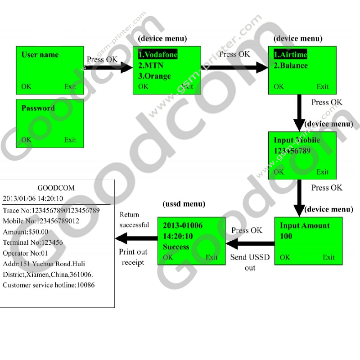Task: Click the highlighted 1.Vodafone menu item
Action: point(157,54)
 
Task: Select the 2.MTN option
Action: point(151,65)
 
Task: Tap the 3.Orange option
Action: point(154,76)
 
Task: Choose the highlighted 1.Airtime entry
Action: point(291,54)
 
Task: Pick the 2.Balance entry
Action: point(291,65)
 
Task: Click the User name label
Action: point(40,54)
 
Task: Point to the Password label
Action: point(38,108)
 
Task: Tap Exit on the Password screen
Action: point(70,139)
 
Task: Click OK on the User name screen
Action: point(27,86)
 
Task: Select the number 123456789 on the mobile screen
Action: point(292,151)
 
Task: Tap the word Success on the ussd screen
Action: point(176,247)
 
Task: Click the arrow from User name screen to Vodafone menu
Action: point(108,67)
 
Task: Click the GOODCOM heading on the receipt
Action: point(56,188)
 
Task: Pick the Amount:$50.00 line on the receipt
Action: point(26,231)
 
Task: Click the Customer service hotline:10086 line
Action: point(49,285)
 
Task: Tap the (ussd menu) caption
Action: point(184,204)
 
